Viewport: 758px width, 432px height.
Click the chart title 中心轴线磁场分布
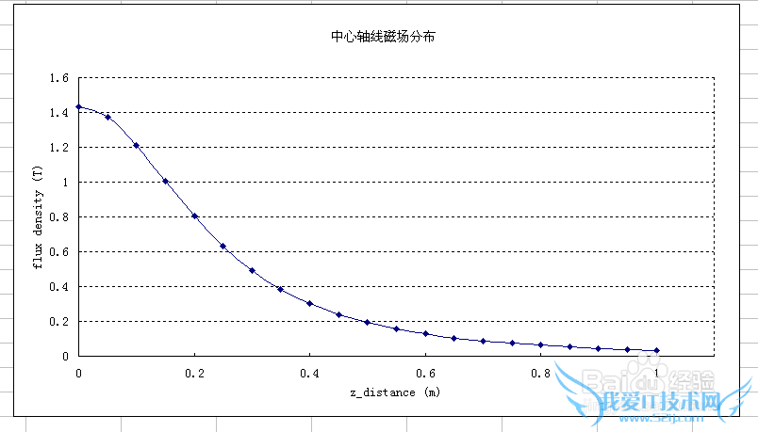(x=382, y=38)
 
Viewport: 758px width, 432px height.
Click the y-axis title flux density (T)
(x=38, y=216)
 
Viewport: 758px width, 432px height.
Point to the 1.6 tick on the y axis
(x=58, y=78)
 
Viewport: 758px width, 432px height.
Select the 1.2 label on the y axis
(x=58, y=148)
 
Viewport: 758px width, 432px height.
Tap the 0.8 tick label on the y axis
(x=58, y=217)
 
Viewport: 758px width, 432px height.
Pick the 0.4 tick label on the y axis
(x=58, y=287)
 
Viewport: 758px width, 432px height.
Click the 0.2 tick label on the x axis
(x=193, y=374)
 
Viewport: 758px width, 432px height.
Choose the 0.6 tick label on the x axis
(x=425, y=374)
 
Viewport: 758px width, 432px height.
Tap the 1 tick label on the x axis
(x=657, y=374)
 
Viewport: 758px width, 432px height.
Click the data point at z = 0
(x=79, y=107)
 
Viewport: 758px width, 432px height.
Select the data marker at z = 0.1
(x=137, y=146)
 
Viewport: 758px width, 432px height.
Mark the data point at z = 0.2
(x=194, y=216)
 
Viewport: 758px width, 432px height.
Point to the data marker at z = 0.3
(x=252, y=270)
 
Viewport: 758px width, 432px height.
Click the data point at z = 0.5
(x=368, y=322)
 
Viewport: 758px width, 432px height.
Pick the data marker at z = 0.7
(x=484, y=341)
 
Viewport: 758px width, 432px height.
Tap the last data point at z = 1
(x=657, y=350)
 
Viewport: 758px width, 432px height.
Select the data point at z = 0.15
(x=165, y=182)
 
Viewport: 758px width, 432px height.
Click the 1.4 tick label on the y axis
(x=58, y=113)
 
